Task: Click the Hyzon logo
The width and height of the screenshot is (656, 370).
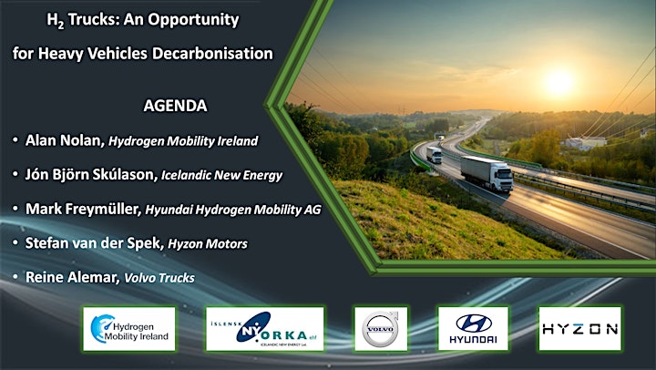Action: pyautogui.click(x=579, y=329)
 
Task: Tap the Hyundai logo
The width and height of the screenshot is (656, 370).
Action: pyautogui.click(x=473, y=329)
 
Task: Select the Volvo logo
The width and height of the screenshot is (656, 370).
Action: pyautogui.click(x=381, y=329)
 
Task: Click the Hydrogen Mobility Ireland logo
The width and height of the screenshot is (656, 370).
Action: pyautogui.click(x=129, y=329)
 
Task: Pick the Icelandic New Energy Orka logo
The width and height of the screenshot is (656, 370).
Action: pyautogui.click(x=265, y=329)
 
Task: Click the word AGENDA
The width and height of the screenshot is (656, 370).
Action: pyautogui.click(x=175, y=106)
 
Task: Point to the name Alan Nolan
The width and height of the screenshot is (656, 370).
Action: pyautogui.click(x=63, y=140)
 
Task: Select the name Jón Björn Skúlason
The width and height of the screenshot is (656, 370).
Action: pyautogui.click(x=90, y=175)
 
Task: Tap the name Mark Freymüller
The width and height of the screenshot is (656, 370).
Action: pyautogui.click(x=82, y=209)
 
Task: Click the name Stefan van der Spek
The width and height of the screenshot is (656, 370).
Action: pyautogui.click(x=93, y=242)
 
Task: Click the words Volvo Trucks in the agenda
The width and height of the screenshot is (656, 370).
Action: pyautogui.click(x=159, y=278)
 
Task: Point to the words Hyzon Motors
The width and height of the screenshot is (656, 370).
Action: pyautogui.click(x=208, y=244)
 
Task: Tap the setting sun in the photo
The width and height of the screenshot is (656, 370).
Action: pyautogui.click(x=559, y=82)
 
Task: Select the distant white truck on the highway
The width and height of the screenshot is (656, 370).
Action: pyautogui.click(x=434, y=155)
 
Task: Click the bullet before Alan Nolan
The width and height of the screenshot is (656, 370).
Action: pyautogui.click(x=15, y=139)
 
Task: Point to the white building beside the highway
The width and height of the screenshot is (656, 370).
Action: pyautogui.click(x=586, y=143)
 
